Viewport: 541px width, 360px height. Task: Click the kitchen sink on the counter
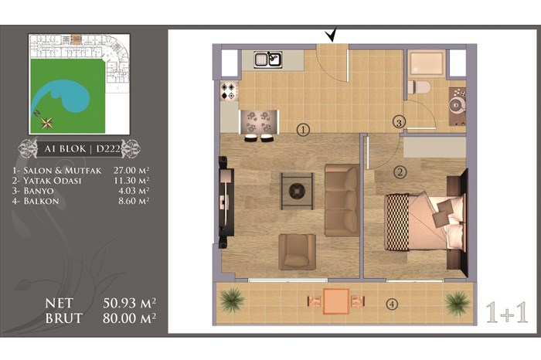[268, 59]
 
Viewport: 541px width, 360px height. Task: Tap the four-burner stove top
[230, 90]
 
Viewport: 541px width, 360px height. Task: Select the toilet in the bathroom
[418, 87]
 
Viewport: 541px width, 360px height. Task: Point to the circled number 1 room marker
[303, 130]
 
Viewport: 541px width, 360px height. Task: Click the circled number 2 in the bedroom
[400, 172]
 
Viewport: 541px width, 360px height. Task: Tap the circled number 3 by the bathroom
[399, 122]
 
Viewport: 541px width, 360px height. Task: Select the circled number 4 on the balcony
[392, 304]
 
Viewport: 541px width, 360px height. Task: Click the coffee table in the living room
[297, 191]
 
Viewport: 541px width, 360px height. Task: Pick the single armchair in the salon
[297, 252]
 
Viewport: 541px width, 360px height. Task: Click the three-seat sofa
[342, 200]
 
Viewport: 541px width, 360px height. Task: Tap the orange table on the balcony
[335, 302]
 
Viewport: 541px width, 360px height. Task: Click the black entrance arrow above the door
[332, 35]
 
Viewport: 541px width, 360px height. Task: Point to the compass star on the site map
[46, 122]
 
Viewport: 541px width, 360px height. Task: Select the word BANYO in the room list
[39, 191]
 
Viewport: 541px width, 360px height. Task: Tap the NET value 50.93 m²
[129, 303]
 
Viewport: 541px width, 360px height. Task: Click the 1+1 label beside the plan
[507, 312]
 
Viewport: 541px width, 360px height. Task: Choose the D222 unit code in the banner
[108, 149]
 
